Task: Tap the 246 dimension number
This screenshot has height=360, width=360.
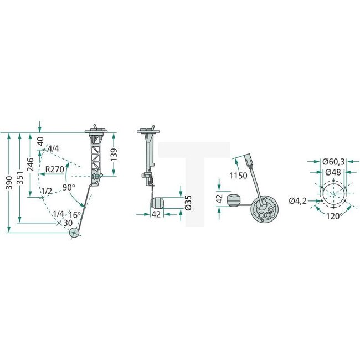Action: pyautogui.click(x=31, y=164)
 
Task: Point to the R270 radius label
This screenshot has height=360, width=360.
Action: pyautogui.click(x=55, y=169)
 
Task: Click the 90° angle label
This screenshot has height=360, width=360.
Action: pyautogui.click(x=68, y=187)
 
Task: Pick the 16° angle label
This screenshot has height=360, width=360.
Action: pyautogui.click(x=74, y=214)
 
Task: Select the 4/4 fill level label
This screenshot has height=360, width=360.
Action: pyautogui.click(x=54, y=149)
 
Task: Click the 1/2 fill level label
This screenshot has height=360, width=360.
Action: pyautogui.click(x=48, y=192)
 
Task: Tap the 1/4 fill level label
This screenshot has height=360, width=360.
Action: pyautogui.click(x=59, y=214)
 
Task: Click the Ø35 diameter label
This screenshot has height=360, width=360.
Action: pyautogui.click(x=188, y=203)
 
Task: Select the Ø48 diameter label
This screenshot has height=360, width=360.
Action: pyautogui.click(x=333, y=172)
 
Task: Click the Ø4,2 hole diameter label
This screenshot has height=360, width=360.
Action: pyautogui.click(x=297, y=200)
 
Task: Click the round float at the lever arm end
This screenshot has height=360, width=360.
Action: pyautogui.click(x=75, y=234)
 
